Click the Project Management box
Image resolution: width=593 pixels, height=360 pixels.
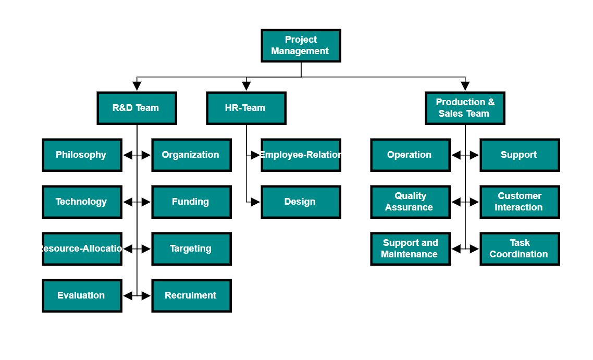coord(301,46)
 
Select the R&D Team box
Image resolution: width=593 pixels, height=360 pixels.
coord(137,108)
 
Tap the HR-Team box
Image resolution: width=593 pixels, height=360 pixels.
coord(246,108)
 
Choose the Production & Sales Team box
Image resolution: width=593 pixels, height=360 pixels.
coord(465,108)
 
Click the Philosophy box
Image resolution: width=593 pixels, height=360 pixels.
coord(82,155)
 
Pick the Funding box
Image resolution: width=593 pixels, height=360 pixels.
coord(191,202)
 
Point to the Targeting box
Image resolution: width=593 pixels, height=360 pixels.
coord(191,249)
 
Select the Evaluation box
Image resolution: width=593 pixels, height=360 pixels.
coord(82,296)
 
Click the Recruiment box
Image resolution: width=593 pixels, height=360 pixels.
coord(191,296)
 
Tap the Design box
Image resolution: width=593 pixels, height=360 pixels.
coord(301,202)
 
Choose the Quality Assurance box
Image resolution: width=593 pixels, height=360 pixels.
coord(410,202)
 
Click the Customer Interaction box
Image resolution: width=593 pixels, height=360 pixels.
coord(520,202)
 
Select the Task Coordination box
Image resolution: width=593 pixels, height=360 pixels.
coord(520,249)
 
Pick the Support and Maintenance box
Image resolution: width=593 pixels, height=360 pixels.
coord(410,249)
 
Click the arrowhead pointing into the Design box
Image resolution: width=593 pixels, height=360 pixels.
coord(255,202)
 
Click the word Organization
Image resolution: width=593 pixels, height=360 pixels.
coord(190,155)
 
